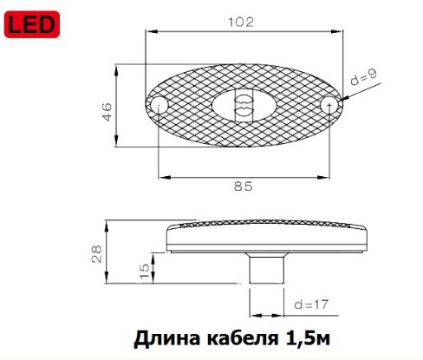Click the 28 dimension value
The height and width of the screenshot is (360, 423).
(98, 252)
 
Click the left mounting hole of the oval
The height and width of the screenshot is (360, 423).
(159, 106)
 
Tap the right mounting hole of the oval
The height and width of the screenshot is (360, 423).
(329, 106)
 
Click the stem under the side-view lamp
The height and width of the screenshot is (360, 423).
(266, 268)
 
